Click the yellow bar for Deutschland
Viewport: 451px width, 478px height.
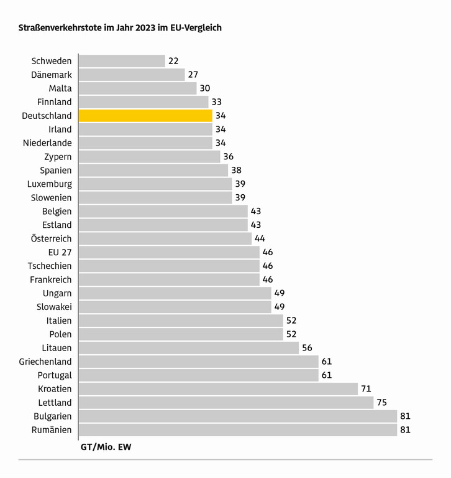click(x=146, y=116)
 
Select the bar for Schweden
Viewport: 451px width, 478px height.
click(x=122, y=61)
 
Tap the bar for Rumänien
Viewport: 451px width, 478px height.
click(x=238, y=430)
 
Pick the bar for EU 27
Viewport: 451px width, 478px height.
click(x=169, y=252)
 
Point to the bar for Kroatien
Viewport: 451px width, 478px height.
click(x=218, y=389)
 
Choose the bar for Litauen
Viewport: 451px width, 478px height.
click(x=189, y=348)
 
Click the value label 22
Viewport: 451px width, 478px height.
click(x=173, y=61)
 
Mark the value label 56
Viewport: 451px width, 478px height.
click(x=307, y=348)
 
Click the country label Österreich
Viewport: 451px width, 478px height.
click(x=51, y=239)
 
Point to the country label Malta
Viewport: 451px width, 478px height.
click(x=60, y=88)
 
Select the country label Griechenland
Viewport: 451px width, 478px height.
click(x=45, y=362)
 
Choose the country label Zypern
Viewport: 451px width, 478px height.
click(x=58, y=157)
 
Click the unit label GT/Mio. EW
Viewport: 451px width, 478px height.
click(x=106, y=447)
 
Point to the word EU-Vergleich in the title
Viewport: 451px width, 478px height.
click(x=196, y=28)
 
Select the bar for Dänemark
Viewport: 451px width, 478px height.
click(x=132, y=75)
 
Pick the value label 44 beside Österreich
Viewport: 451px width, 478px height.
click(x=260, y=239)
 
